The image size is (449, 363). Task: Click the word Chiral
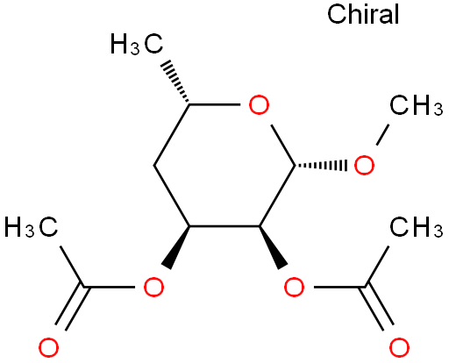[363, 14]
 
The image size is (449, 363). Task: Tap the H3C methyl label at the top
[137, 44]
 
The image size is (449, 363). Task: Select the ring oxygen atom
[259, 104]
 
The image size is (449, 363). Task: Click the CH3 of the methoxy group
[416, 105]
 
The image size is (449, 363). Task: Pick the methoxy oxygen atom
[364, 165]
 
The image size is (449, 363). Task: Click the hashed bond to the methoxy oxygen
[321, 166]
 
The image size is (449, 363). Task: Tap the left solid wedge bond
[178, 247]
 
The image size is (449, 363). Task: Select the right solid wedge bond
[273, 247]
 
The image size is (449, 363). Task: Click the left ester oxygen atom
[153, 287]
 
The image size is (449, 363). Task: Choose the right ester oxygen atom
[294, 287]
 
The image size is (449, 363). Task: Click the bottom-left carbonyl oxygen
[48, 347]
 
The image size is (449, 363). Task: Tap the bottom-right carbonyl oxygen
[399, 347]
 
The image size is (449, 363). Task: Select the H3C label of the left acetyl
[31, 226]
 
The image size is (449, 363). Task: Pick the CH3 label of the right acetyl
[416, 226]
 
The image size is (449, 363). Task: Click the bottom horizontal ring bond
[224, 226]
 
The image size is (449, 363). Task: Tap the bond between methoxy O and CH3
[382, 134]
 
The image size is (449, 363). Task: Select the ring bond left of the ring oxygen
[215, 104]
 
